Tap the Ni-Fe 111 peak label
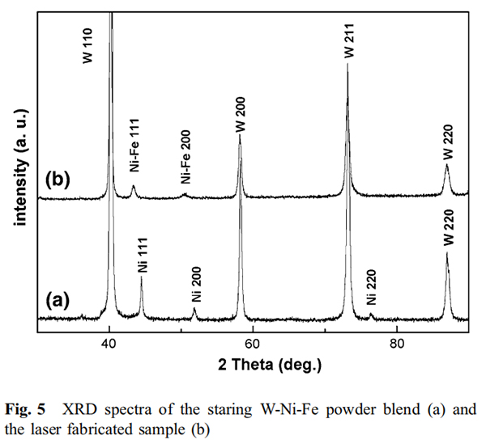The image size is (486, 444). (x=134, y=153)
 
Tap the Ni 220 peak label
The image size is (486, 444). (x=371, y=290)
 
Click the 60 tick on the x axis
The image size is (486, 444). (x=253, y=342)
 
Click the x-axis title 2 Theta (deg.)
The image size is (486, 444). (x=254, y=364)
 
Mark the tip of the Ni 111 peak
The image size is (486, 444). (x=142, y=277)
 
